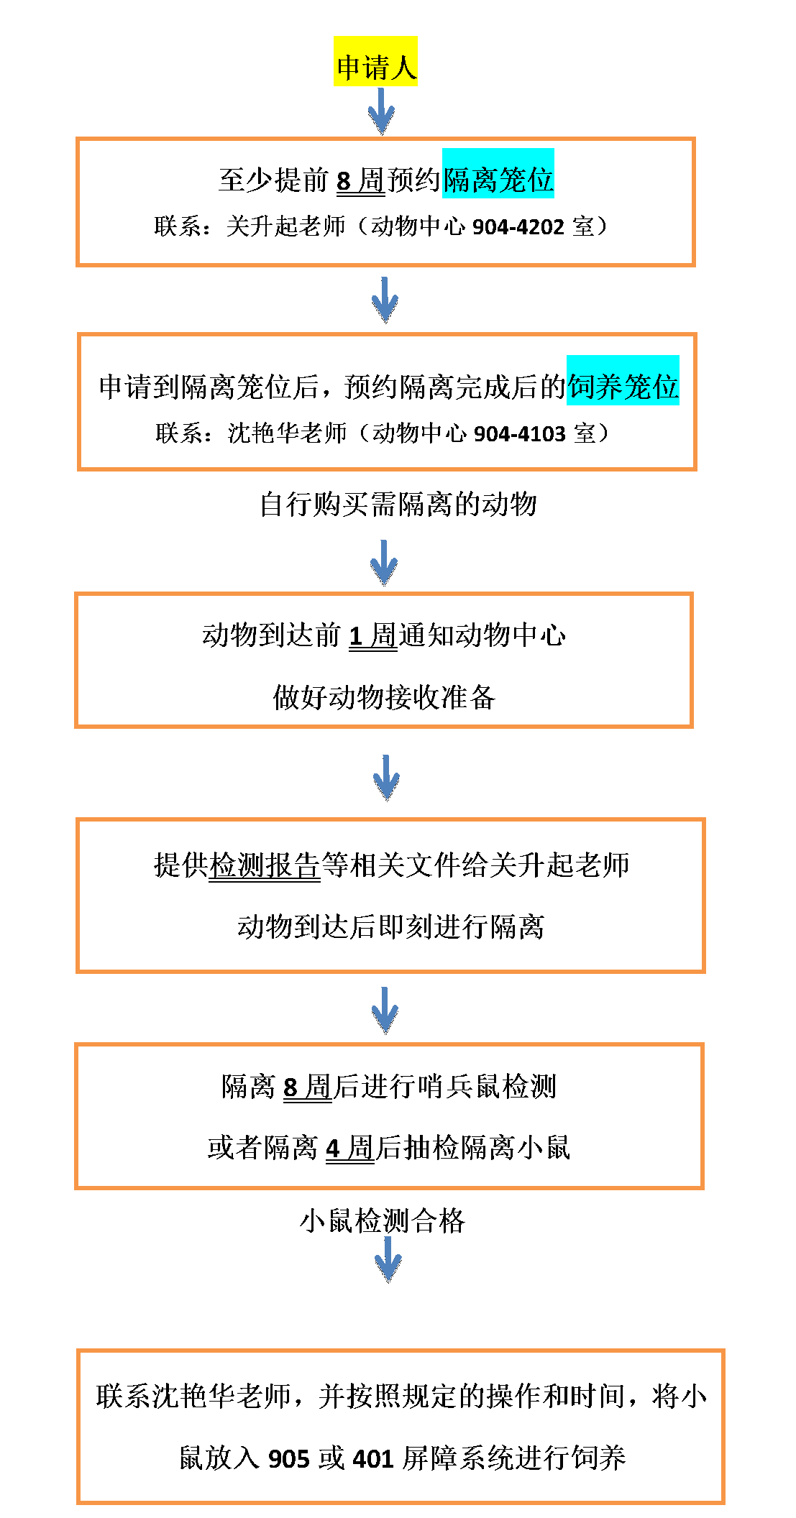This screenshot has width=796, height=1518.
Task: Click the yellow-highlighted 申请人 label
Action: (375, 68)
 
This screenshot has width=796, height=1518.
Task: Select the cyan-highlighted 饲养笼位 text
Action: (623, 387)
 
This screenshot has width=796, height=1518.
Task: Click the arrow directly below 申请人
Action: (382, 111)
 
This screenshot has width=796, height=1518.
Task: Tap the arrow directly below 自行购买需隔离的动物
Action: (384, 563)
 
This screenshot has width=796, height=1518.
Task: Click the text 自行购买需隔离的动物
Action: (398, 504)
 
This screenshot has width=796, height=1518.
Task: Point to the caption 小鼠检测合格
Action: (383, 1220)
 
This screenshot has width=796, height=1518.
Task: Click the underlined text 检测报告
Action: (264, 865)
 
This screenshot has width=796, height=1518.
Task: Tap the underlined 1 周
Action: (372, 635)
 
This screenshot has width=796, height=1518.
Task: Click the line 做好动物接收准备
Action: (384, 697)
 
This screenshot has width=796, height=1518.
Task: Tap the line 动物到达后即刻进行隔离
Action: (390, 926)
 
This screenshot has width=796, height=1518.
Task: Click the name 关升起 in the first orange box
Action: (262, 226)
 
